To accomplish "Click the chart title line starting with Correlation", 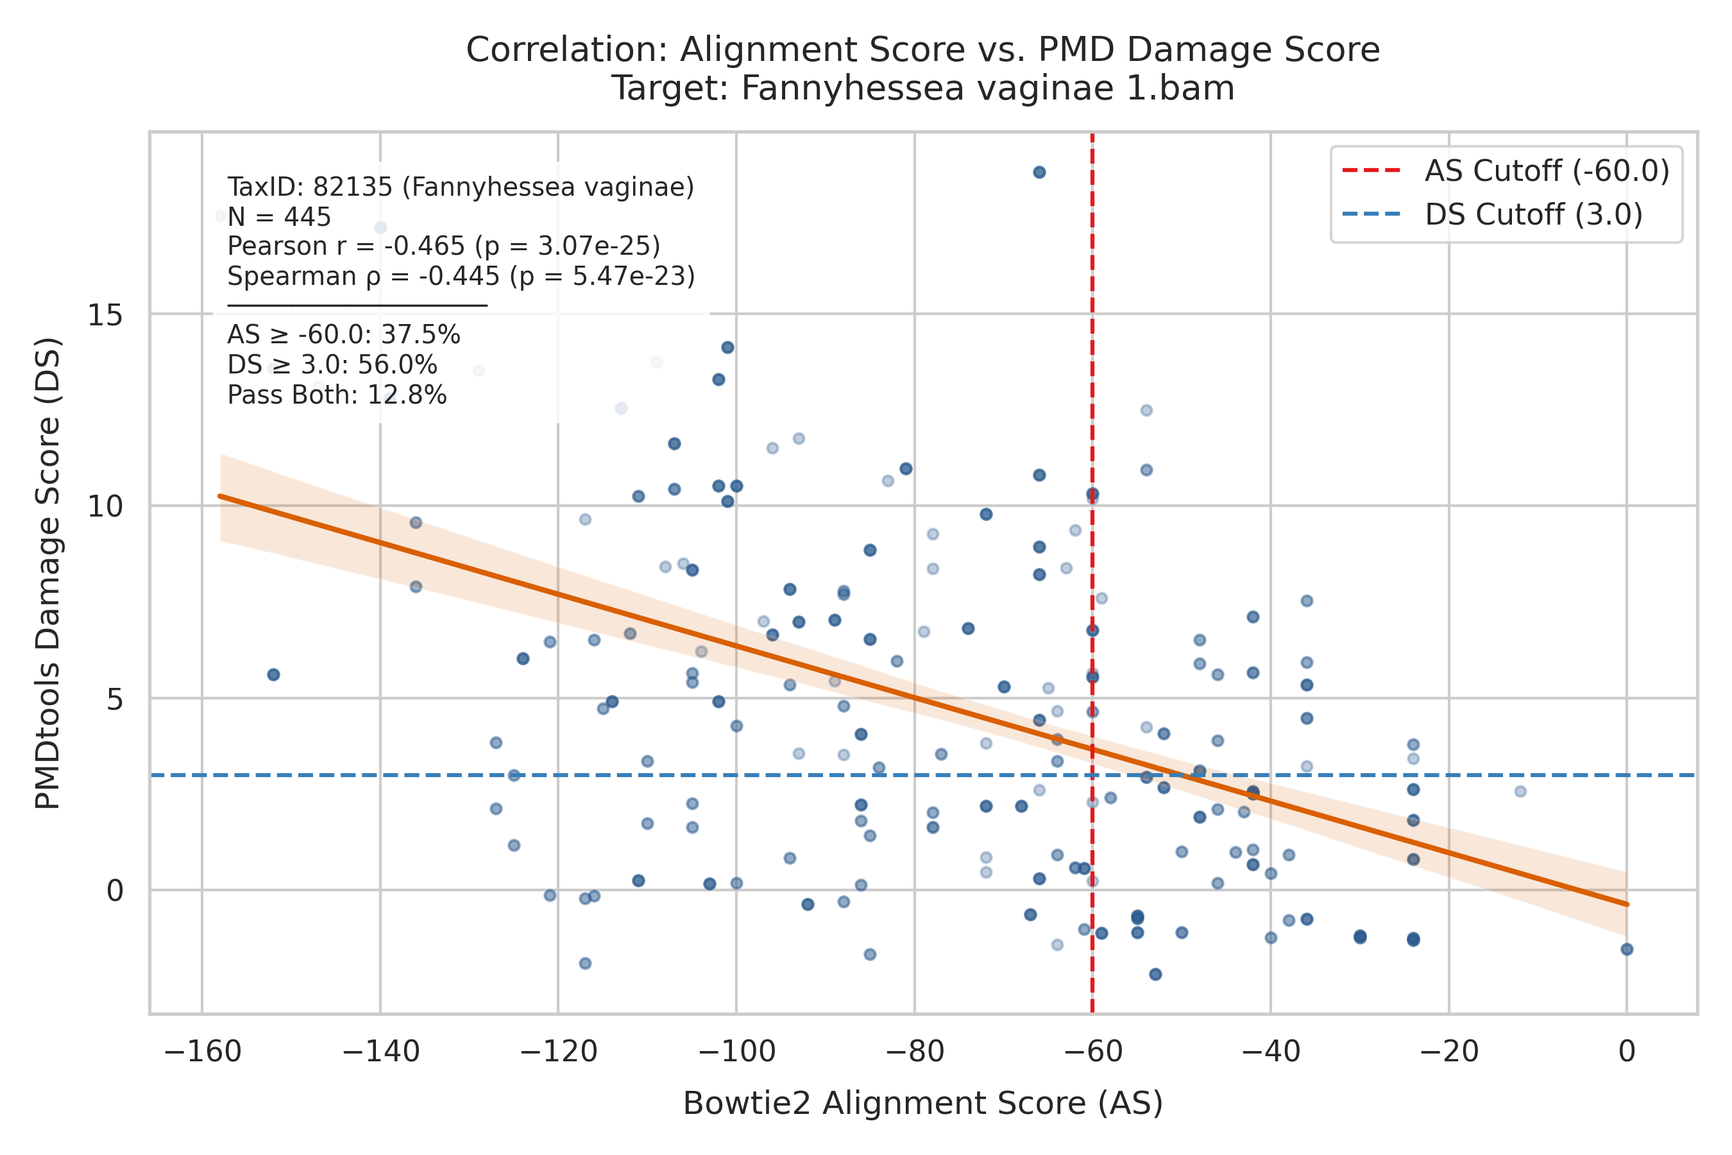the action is (922, 50).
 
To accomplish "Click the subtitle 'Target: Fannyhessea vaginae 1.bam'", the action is (922, 89).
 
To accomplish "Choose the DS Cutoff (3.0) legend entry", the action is (1492, 214).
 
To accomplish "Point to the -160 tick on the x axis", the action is (203, 1051).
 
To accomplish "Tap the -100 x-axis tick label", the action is (736, 1051).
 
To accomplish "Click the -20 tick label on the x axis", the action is (1448, 1051).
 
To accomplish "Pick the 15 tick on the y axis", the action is (105, 314).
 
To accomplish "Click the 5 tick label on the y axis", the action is (114, 698).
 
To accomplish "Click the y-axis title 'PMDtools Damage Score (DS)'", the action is (48, 573).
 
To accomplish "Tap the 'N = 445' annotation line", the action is (279, 217).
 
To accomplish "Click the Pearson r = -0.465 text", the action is (443, 246).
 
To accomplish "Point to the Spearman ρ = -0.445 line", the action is (461, 276).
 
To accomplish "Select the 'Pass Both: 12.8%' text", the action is (337, 395).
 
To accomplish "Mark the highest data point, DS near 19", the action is (1039, 173).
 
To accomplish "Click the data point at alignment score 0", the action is (1627, 949).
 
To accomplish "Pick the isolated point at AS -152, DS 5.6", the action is (273, 675).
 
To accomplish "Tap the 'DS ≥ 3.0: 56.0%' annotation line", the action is (332, 365).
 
